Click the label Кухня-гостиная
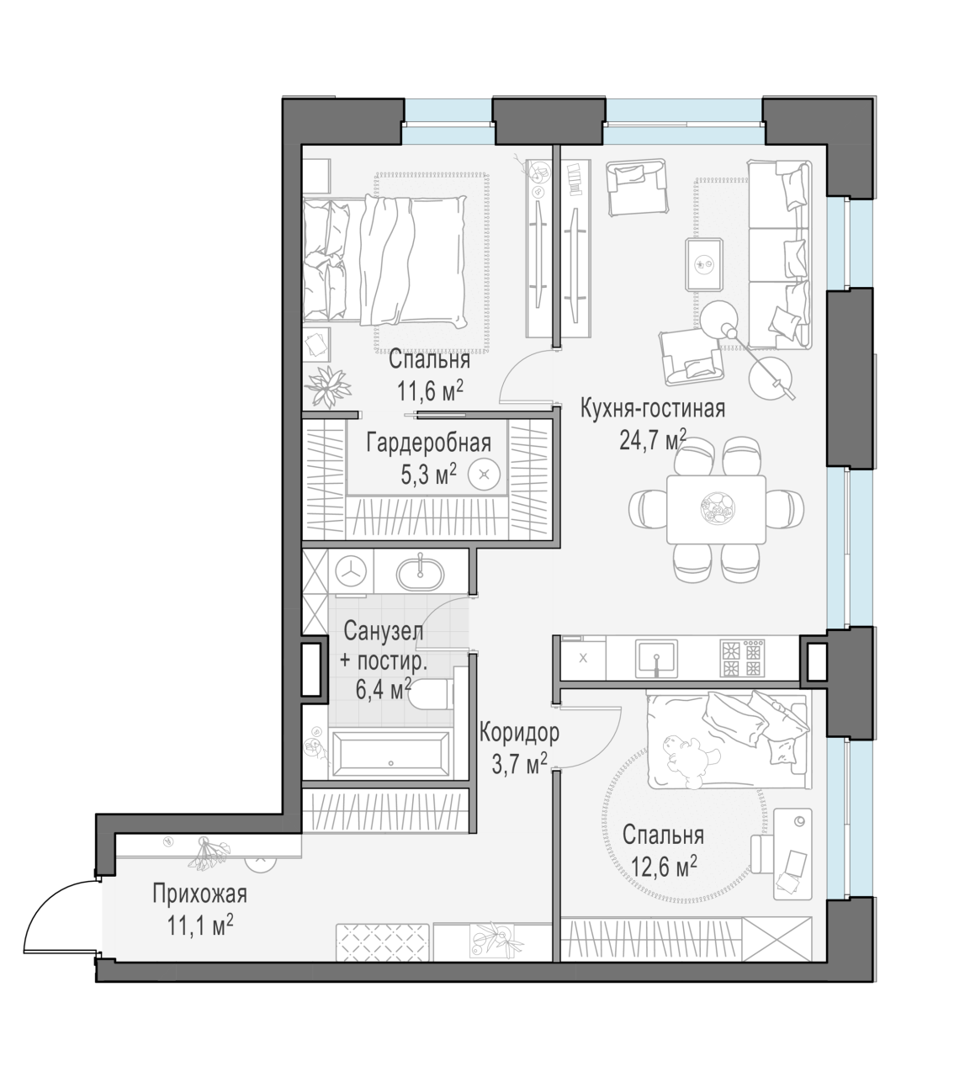(653, 410)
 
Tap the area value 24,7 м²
(653, 440)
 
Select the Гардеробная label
(428, 443)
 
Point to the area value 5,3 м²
(428, 474)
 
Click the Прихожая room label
(199, 895)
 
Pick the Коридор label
(519, 733)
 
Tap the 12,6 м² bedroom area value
(664, 867)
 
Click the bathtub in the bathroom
(390, 755)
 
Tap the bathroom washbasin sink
(421, 574)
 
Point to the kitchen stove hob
(743, 659)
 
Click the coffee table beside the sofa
(704, 265)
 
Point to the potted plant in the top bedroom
(326, 385)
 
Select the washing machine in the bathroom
(351, 570)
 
